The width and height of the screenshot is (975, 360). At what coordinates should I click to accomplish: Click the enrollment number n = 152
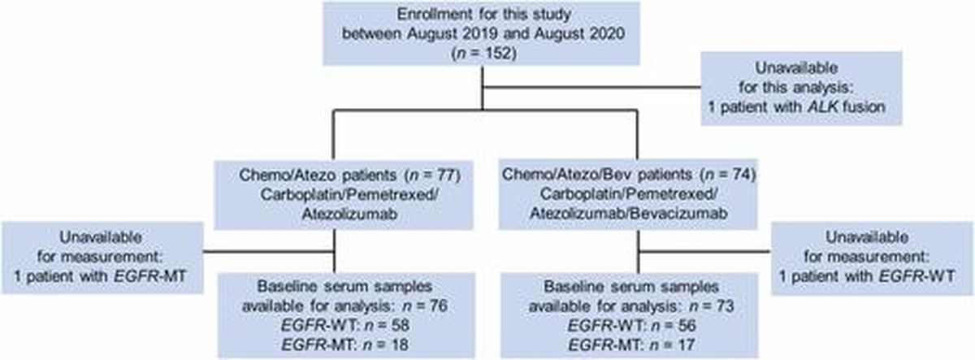tap(483, 54)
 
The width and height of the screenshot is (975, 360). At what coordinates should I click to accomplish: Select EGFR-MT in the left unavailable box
tap(149, 276)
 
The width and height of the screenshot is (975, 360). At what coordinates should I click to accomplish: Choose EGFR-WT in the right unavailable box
tap(917, 276)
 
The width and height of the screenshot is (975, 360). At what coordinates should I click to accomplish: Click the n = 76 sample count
tap(425, 306)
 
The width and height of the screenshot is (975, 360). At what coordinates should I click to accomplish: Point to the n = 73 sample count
tap(712, 306)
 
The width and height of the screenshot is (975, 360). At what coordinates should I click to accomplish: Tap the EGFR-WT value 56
tap(687, 326)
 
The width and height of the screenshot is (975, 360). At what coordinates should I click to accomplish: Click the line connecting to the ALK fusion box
tap(592, 87)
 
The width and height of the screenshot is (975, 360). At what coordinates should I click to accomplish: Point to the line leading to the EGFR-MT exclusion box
tap(269, 251)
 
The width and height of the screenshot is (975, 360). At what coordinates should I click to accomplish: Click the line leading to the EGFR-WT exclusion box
tap(704, 251)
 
